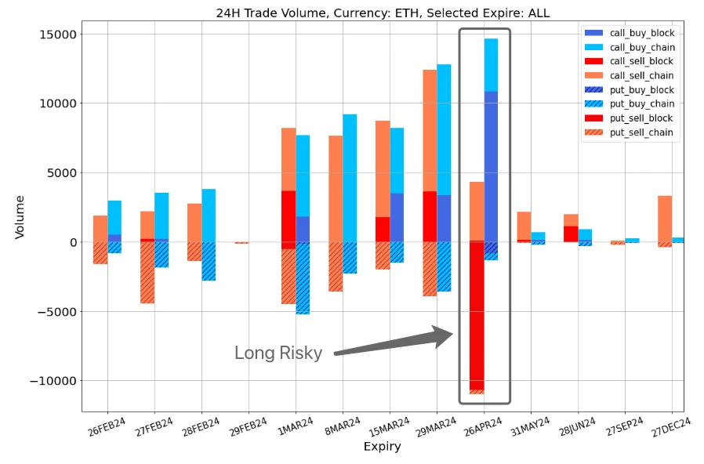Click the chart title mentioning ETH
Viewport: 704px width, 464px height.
click(x=383, y=13)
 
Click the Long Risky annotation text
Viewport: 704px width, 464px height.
click(x=278, y=353)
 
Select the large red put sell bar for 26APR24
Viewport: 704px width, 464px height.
click(x=477, y=314)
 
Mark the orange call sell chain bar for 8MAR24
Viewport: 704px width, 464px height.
click(x=336, y=188)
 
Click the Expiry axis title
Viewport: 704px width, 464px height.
click(x=382, y=448)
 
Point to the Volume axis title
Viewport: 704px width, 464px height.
click(x=20, y=217)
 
